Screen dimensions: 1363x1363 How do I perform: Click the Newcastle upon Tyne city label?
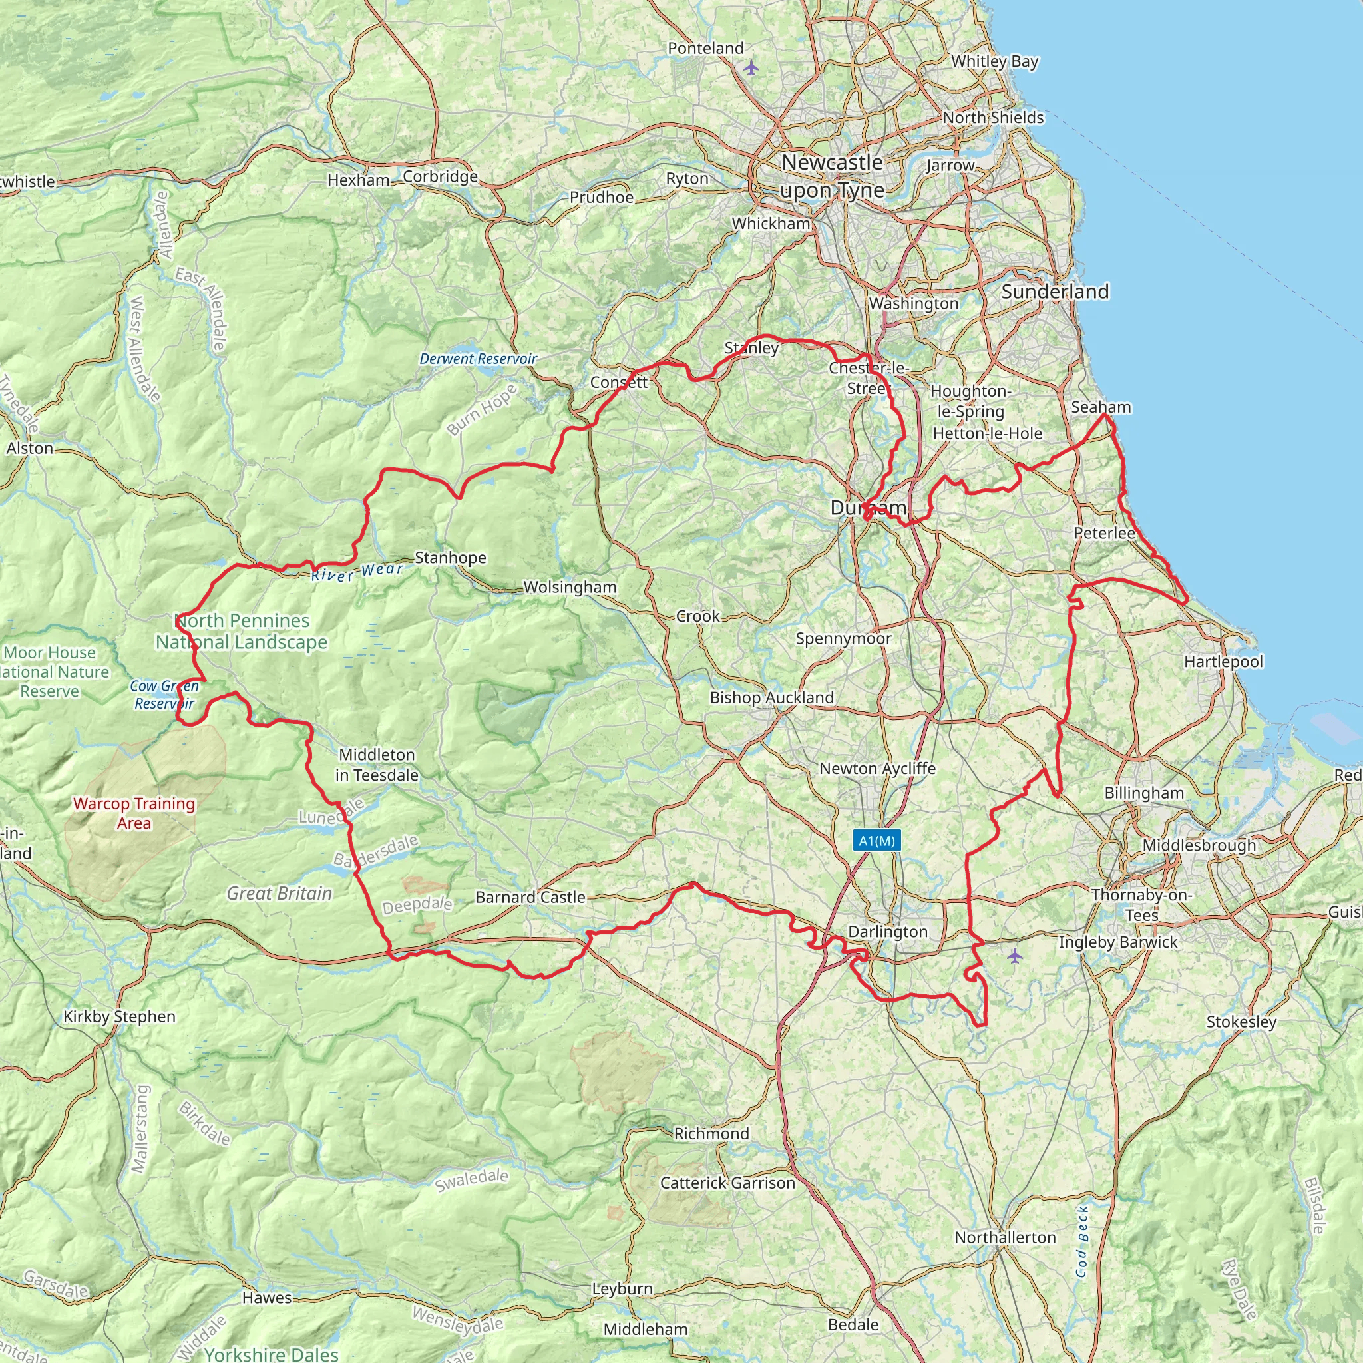pos(832,176)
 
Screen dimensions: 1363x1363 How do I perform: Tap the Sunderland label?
pos(1055,292)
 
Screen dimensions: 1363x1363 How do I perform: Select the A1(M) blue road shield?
pos(876,841)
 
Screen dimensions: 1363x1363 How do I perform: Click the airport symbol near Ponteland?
pos(751,68)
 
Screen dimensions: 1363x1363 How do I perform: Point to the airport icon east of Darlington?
pos(1014,956)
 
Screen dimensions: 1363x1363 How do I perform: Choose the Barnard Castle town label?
pos(530,897)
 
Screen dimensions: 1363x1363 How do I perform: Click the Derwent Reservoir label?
pos(478,359)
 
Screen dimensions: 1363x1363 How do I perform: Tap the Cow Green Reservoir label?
pos(164,695)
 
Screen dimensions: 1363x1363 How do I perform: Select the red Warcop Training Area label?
pos(134,813)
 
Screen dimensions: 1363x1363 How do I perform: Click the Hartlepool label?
pos(1223,662)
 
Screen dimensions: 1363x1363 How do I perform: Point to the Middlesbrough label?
pos(1199,845)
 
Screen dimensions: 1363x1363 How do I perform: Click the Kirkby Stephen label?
pos(119,1017)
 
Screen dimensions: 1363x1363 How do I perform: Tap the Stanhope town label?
pos(450,558)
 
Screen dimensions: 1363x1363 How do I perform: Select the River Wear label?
pos(357,572)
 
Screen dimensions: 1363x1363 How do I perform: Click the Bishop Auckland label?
pos(771,697)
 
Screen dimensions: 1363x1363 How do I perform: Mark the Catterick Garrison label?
pos(727,1183)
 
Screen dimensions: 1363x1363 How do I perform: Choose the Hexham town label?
pos(359,180)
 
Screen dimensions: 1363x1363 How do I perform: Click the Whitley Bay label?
pos(994,61)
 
